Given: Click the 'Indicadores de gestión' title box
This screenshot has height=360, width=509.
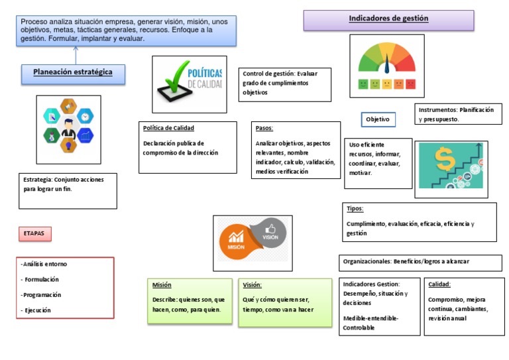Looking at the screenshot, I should (388, 20).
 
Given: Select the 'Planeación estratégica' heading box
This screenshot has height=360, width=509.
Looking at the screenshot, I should (73, 72).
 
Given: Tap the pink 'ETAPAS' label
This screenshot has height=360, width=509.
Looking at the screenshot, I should (34, 234).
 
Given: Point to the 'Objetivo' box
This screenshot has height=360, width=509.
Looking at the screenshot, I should (378, 120).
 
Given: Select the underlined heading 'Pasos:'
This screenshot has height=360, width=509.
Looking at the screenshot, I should (264, 129).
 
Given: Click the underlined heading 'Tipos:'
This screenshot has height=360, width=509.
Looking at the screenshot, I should (355, 209).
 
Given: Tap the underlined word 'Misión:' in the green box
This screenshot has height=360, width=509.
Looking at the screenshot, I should (162, 284).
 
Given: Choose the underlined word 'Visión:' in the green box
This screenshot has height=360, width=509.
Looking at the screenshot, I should (252, 284).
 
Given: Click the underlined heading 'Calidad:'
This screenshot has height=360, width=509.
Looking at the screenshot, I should (439, 284).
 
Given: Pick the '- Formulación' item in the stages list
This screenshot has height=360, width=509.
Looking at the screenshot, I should (40, 279).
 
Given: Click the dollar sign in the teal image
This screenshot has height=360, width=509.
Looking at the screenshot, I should (444, 157).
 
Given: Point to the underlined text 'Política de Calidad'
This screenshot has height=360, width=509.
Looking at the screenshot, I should (168, 128).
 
